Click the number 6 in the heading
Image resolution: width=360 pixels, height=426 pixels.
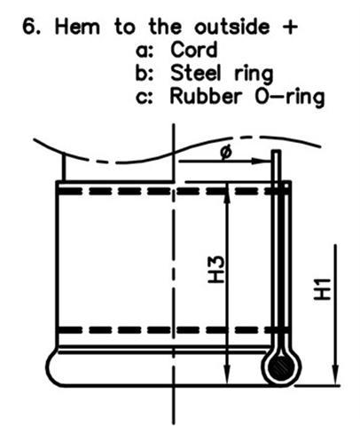pos(29,27)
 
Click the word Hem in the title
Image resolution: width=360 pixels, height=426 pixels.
pos(77,27)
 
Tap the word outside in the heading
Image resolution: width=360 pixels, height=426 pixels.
pos(231,27)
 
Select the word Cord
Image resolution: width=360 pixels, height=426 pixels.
pos(194,50)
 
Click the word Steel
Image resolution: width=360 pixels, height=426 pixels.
pos(196,73)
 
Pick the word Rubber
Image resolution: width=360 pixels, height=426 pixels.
pos(206,96)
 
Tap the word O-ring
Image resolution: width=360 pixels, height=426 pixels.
pos(290,98)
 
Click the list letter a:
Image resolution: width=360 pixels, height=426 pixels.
pos(145,51)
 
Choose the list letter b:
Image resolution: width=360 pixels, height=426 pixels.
pos(145,73)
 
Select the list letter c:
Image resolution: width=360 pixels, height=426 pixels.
pos(145,98)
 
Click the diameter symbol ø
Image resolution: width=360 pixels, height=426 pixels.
pos(226,153)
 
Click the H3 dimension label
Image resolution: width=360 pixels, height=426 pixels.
pos(216,269)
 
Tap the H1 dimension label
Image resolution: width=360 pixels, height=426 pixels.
pos(321,289)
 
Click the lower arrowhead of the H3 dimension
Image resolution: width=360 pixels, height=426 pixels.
pos(226,375)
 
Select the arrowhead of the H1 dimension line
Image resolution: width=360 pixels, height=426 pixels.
pos(335,375)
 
